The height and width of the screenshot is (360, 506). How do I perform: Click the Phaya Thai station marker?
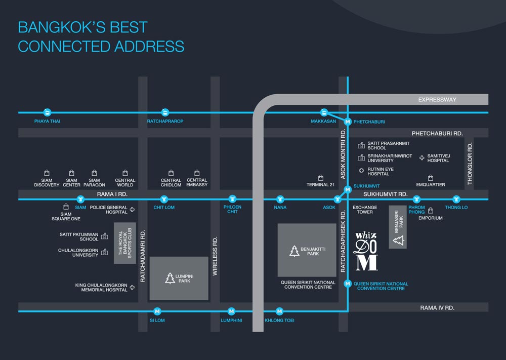pyautogui.click(x=47, y=112)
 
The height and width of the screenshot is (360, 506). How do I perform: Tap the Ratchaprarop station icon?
pyautogui.click(x=165, y=112)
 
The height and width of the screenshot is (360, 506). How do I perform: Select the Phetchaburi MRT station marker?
pyautogui.click(x=348, y=122)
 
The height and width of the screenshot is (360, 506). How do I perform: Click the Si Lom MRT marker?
pyautogui.click(x=157, y=311)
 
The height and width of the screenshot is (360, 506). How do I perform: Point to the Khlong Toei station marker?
pyautogui.click(x=279, y=311)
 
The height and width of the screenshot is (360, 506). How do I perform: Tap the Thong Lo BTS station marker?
pyautogui.click(x=456, y=199)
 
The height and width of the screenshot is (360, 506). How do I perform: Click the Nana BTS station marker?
pyautogui.click(x=280, y=199)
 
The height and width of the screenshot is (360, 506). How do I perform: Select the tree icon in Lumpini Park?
pyautogui.click(x=170, y=278)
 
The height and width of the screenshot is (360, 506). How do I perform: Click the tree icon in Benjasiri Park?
pyautogui.click(x=399, y=240)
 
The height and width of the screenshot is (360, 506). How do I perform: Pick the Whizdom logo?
pyautogui.click(x=366, y=251)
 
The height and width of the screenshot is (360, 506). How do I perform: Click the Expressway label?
pyautogui.click(x=437, y=100)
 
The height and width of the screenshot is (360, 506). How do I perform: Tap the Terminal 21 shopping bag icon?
pyautogui.click(x=320, y=178)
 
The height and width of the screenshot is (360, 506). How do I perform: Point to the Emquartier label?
pyautogui.click(x=431, y=185)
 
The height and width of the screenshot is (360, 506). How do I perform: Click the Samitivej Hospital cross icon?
pyautogui.click(x=422, y=158)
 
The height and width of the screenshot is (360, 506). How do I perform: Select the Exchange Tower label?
pyautogui.click(x=365, y=210)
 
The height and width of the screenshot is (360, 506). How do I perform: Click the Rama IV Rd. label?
pyautogui.click(x=437, y=307)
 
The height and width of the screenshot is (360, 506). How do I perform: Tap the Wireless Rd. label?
pyautogui.click(x=215, y=256)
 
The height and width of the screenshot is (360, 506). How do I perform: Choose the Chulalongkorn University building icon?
pyautogui.click(x=105, y=252)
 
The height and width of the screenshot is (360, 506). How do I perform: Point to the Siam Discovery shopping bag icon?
pyautogui.click(x=47, y=173)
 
